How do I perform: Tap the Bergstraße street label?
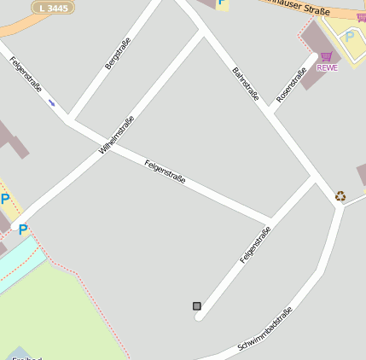[x=118, y=53]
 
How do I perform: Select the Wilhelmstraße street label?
[x=117, y=135]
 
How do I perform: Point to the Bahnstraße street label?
[x=246, y=84]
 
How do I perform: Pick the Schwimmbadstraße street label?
[x=266, y=330]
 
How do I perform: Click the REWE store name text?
[x=327, y=67]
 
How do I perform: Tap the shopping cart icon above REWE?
[x=326, y=56]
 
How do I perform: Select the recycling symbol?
[x=340, y=196]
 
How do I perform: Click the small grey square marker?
[x=197, y=305]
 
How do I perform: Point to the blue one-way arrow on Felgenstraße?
[x=52, y=103]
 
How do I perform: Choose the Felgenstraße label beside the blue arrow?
[x=25, y=74]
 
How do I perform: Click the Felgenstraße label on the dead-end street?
[x=255, y=245]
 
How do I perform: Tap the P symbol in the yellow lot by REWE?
[x=349, y=38]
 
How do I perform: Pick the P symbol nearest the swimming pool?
[x=23, y=229]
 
